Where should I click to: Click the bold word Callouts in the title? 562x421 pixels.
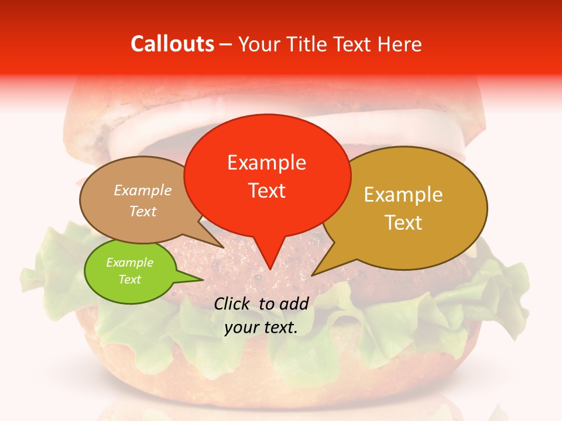[172, 44]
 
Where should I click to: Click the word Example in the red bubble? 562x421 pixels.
[266, 163]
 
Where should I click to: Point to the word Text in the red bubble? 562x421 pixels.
[267, 190]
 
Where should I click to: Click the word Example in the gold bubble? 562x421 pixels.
[403, 195]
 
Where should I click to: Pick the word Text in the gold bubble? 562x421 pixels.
[404, 222]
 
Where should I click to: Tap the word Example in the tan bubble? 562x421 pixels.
[143, 190]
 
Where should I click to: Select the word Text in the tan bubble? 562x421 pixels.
[143, 211]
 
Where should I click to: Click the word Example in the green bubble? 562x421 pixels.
[130, 263]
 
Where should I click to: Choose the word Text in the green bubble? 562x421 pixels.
[130, 279]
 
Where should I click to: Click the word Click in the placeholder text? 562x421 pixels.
[233, 303]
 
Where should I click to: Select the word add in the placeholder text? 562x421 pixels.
[294, 303]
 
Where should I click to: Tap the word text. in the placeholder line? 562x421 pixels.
[280, 327]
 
